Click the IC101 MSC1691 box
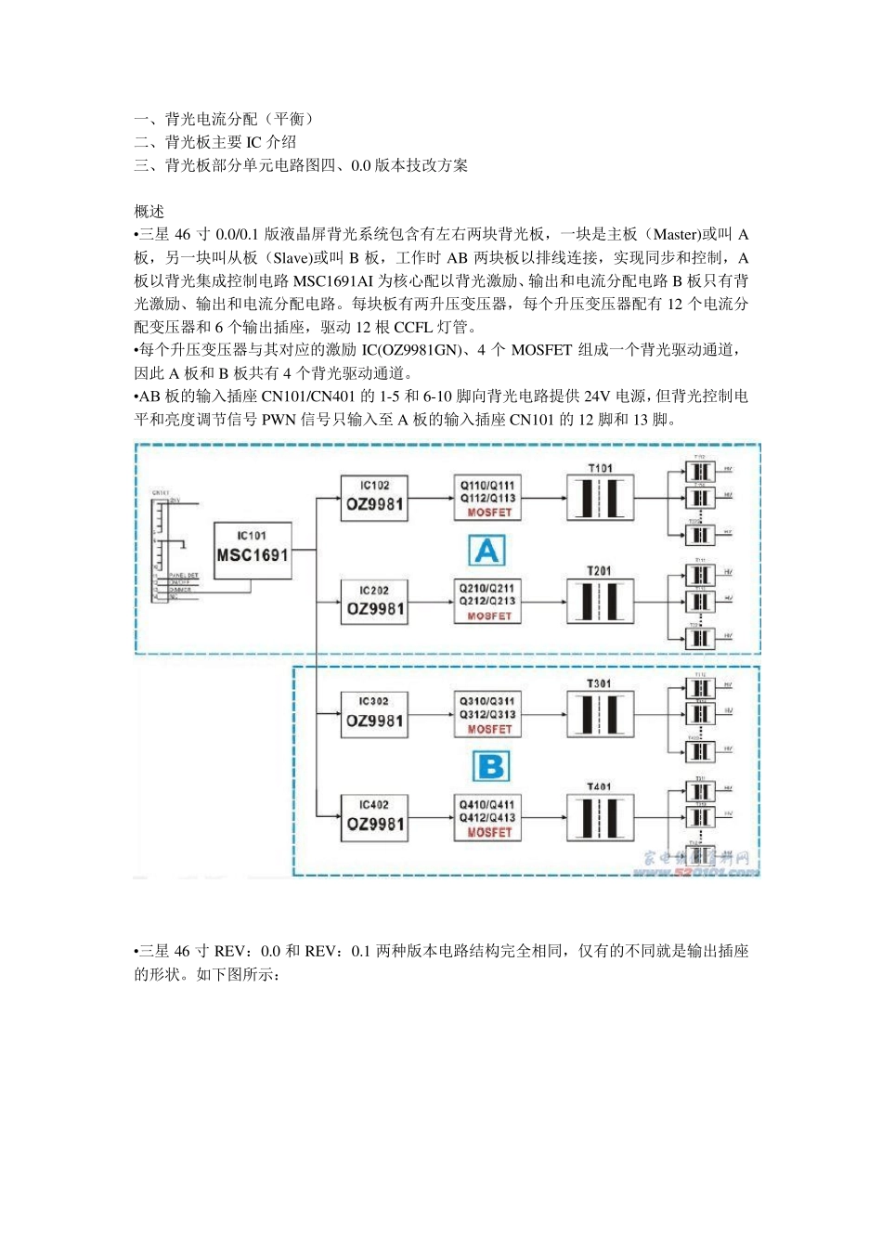pos(252,550)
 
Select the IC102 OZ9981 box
pos(374,498)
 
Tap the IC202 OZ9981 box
pos(374,602)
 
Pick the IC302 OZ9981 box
pos(374,714)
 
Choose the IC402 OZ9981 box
pos(374,817)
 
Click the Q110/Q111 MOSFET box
pos(487,499)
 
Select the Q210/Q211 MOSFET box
pos(487,602)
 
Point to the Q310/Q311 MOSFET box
pos(487,715)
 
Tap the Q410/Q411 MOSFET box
pos(487,818)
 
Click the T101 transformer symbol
pos(600,499)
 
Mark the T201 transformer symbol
pos(600,602)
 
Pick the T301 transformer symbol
pos(600,715)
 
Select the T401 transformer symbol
pos(600,818)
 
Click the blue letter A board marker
pos(486,551)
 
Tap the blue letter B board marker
pos(490,767)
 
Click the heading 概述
pos(149,212)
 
